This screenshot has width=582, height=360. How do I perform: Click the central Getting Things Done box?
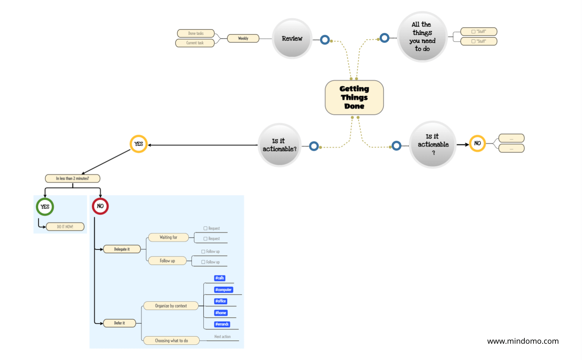pyautogui.click(x=354, y=97)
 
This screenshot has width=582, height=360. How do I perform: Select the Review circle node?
pyautogui.click(x=292, y=39)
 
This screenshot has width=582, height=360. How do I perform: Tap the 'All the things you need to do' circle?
pyautogui.click(x=422, y=37)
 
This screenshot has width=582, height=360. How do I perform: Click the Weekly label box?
pyautogui.click(x=243, y=38)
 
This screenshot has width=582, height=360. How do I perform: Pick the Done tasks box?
pyautogui.click(x=196, y=33)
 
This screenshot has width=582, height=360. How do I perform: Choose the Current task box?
pyautogui.click(x=195, y=43)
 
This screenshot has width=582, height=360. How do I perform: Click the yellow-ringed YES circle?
pyautogui.click(x=138, y=144)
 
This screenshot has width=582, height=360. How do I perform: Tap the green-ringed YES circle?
pyautogui.click(x=45, y=207)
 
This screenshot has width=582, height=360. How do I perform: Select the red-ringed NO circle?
pyautogui.click(x=100, y=206)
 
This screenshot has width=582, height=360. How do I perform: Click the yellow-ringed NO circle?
pyautogui.click(x=477, y=143)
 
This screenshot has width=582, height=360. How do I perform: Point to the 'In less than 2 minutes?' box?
pyautogui.click(x=72, y=178)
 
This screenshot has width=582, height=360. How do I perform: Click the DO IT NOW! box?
pyautogui.click(x=65, y=227)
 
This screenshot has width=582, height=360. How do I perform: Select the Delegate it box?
pyautogui.click(x=122, y=249)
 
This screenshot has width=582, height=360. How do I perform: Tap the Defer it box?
pyautogui.click(x=119, y=323)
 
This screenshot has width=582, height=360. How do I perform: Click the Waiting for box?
pyautogui.click(x=168, y=237)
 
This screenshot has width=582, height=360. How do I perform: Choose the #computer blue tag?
pyautogui.click(x=223, y=290)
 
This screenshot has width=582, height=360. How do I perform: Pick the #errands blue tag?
pyautogui.click(x=222, y=324)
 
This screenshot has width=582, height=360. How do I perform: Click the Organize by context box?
pyautogui.click(x=171, y=306)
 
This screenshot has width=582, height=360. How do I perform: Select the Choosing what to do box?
pyautogui.click(x=171, y=341)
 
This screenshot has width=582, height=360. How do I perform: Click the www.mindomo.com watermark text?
pyautogui.click(x=523, y=341)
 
